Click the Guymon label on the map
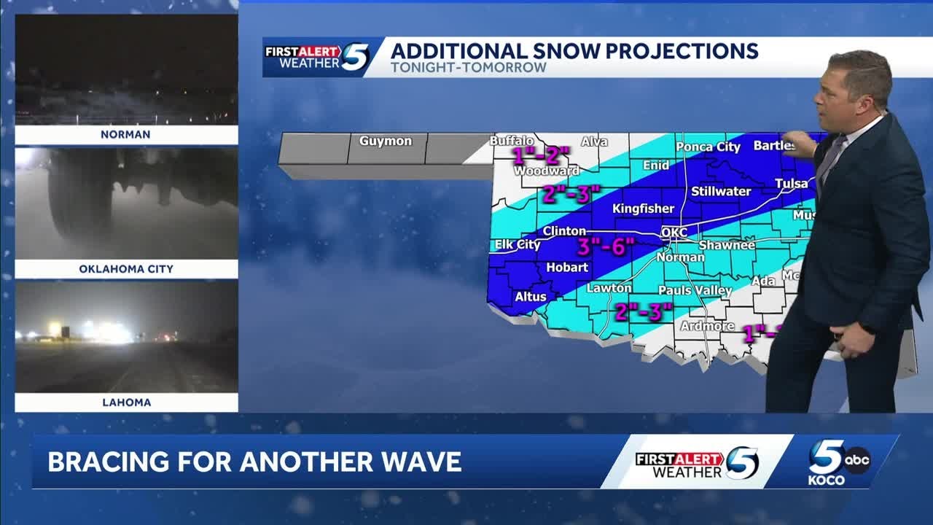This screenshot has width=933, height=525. [385, 141]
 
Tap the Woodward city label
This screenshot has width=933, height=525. [547, 171]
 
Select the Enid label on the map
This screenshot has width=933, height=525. [656, 166]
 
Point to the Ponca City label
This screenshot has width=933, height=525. [708, 147]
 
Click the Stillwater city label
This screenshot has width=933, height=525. [721, 192]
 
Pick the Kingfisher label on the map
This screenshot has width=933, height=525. [643, 209]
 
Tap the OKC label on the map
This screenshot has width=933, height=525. [674, 233]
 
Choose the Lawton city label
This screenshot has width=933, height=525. [609, 288]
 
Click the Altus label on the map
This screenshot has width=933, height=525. [531, 297]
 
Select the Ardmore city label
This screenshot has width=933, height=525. [707, 326]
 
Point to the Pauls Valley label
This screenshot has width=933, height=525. [695, 290]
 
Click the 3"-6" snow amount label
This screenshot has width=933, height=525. [606, 246]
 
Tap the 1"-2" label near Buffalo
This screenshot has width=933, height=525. [541, 155]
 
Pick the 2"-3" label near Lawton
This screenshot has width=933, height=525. [643, 311]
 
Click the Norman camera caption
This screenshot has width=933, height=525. [126, 135]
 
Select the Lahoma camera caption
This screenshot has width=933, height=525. [126, 402]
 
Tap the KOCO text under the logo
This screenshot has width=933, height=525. [827, 481]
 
